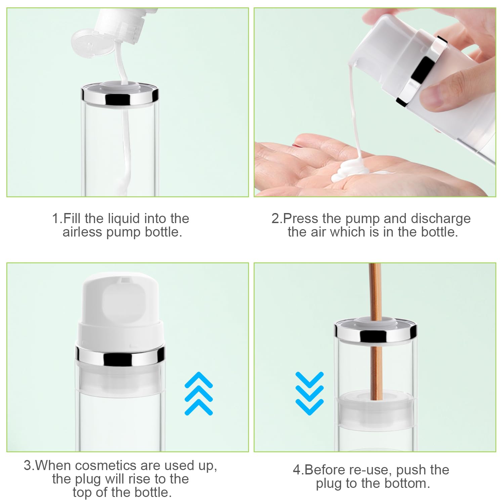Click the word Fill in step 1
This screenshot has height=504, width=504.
tap(72, 219)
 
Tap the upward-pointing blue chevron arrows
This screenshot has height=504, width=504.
tap(199, 393)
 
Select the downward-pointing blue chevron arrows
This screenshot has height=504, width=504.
tap(309, 393)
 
